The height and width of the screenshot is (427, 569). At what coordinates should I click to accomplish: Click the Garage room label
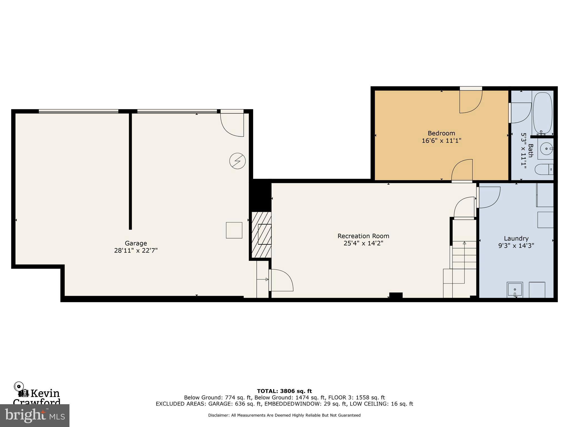(136, 243)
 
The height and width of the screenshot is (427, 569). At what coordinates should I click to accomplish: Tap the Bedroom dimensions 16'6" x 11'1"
(441, 141)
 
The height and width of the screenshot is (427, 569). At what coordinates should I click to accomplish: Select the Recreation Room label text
(363, 236)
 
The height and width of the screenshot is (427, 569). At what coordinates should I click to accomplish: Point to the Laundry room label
(516, 239)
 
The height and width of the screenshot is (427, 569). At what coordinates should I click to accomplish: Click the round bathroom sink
(546, 149)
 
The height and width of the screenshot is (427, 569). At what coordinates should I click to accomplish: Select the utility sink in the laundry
(515, 290)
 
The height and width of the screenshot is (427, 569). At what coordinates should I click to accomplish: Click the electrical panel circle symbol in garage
(238, 161)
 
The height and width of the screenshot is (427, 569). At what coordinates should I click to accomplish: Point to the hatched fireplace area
(261, 235)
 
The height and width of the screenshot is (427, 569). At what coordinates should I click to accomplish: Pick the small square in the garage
(234, 230)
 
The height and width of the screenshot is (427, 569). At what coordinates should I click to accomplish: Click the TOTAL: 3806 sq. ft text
(284, 391)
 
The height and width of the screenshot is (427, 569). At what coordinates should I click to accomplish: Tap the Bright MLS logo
(35, 415)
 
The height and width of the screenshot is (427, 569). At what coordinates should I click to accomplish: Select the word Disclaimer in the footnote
(218, 415)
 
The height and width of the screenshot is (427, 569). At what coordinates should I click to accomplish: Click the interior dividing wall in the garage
(130, 171)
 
